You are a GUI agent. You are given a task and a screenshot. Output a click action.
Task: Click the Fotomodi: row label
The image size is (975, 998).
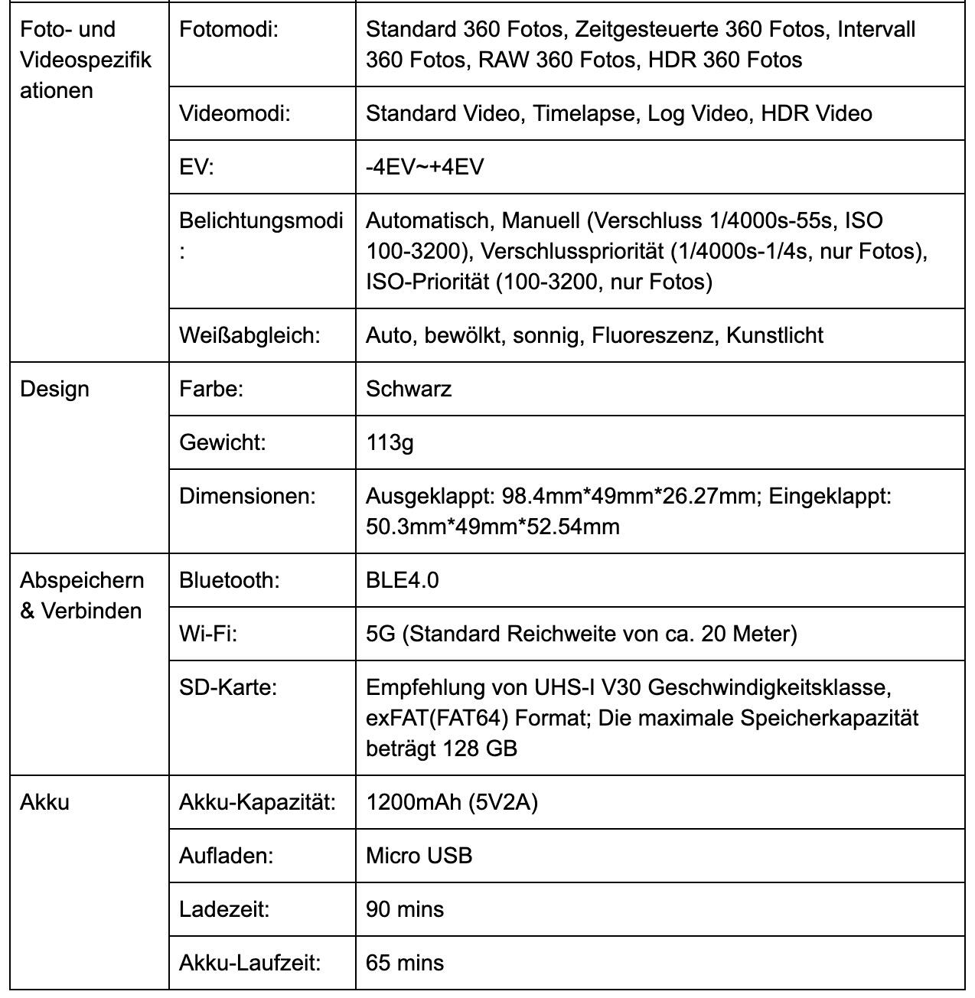228,29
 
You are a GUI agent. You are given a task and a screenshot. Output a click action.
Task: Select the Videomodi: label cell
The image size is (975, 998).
235,113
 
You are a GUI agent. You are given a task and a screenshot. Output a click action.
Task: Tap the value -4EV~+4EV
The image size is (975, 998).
425,167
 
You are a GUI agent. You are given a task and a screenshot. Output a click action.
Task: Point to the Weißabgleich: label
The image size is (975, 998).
249,335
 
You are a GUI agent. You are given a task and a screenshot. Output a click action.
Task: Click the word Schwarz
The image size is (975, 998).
409,389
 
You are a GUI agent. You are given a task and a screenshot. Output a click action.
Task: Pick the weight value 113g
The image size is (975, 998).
390,442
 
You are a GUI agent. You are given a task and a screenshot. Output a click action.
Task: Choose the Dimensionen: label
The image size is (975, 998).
247,496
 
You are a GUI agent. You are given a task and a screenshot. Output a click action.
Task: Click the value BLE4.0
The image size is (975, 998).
403,580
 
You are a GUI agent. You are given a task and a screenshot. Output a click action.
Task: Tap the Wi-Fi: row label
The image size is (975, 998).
208,634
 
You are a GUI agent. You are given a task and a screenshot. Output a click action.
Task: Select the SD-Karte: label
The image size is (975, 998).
228,687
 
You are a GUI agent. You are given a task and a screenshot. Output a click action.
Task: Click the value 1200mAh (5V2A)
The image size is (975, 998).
452,802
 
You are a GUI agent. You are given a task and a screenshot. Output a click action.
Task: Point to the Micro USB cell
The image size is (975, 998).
419,856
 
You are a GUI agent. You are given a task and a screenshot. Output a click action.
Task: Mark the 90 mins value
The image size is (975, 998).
405,909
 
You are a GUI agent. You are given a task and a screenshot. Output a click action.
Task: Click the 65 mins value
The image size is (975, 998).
405,963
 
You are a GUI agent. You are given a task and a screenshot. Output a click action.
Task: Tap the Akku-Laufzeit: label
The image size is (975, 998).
249,963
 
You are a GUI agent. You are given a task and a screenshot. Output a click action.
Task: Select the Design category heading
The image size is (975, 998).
54,389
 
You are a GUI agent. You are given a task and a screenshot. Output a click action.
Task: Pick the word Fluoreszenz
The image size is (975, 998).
654,335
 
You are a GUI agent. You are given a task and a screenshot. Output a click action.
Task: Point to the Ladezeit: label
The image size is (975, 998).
224,909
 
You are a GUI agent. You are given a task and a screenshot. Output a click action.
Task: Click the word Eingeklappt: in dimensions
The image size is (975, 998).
830,496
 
